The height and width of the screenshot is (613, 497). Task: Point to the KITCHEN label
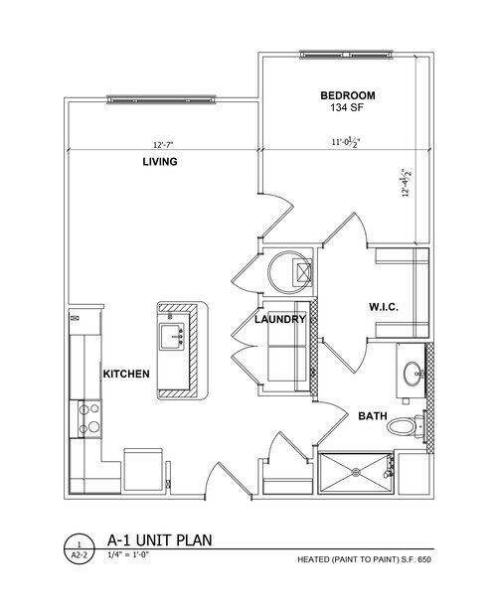click(126, 374)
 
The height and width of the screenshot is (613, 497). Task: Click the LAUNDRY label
click(278, 320)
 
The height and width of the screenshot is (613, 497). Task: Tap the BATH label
click(373, 416)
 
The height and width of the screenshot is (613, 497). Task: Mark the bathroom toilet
click(402, 428)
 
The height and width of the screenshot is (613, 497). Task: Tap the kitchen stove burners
click(86, 416)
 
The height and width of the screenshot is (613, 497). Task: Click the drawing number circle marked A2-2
click(79, 549)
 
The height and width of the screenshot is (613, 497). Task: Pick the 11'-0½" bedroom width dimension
click(344, 142)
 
